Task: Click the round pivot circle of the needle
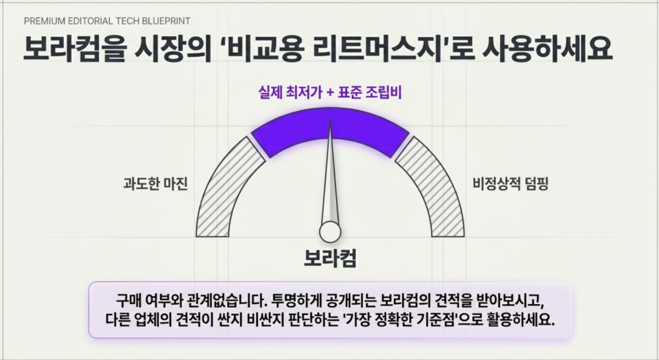(x=330, y=232)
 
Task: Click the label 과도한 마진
(x=156, y=184)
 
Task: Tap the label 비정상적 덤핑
(x=510, y=184)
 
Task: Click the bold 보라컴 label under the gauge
(x=330, y=258)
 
